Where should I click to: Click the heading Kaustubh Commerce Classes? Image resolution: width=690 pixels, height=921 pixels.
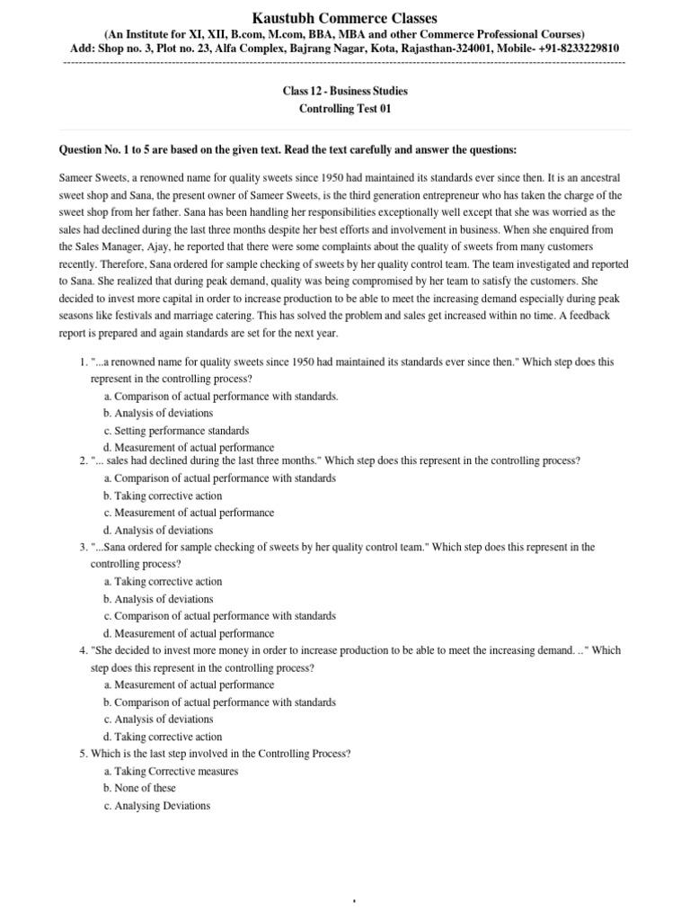345,17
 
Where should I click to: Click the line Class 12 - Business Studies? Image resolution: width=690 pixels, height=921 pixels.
345,92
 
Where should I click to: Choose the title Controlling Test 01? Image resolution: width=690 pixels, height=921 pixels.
345,109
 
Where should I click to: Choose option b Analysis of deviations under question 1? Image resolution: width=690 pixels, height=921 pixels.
158,414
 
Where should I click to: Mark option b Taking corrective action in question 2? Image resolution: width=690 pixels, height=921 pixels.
163,496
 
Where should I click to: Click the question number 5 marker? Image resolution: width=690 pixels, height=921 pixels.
83,754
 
